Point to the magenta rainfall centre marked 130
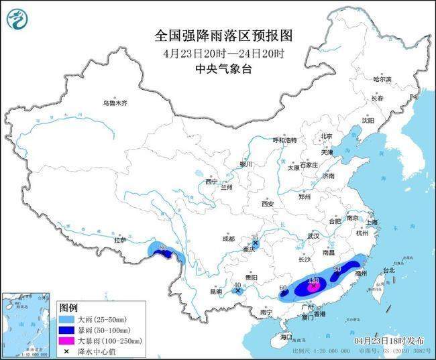(312, 285)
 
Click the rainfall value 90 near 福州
(337, 269)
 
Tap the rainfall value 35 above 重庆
(255, 238)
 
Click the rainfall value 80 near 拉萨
(163, 249)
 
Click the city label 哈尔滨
(382, 79)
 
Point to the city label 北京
(327, 136)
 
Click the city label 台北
(388, 271)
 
